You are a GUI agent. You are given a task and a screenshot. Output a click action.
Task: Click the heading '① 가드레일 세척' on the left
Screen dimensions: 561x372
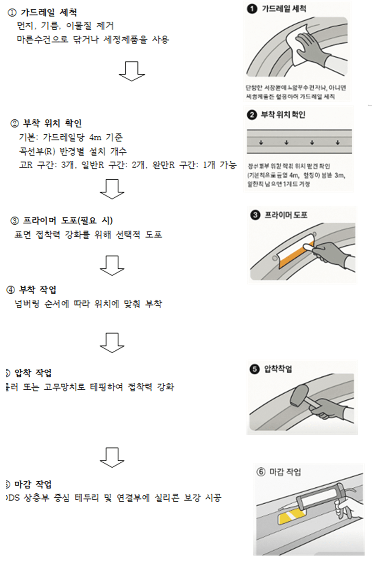42,13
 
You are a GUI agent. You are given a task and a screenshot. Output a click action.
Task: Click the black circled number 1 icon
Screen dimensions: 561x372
252,9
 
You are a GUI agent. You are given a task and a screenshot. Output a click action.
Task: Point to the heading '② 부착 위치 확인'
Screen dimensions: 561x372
46,123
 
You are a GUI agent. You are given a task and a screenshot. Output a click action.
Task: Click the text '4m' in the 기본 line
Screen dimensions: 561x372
95,137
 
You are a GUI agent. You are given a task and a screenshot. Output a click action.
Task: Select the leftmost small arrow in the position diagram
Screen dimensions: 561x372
261,143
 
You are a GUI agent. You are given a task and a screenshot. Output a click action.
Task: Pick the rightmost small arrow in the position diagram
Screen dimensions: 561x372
337,143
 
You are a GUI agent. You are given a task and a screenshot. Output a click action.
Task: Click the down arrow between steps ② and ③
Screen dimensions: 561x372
112,189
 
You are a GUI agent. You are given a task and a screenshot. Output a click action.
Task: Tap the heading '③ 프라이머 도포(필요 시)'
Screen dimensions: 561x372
62,220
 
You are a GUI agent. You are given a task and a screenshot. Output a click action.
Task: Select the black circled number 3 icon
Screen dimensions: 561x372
255,215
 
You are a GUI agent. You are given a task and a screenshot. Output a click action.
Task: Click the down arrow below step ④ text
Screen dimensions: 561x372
112,342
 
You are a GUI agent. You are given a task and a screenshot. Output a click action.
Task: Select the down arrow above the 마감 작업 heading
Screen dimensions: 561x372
112,458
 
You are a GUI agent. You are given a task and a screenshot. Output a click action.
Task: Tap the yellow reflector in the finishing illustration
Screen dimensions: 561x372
291,517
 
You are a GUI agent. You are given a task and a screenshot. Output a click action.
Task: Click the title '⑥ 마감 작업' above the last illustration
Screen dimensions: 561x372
279,472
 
